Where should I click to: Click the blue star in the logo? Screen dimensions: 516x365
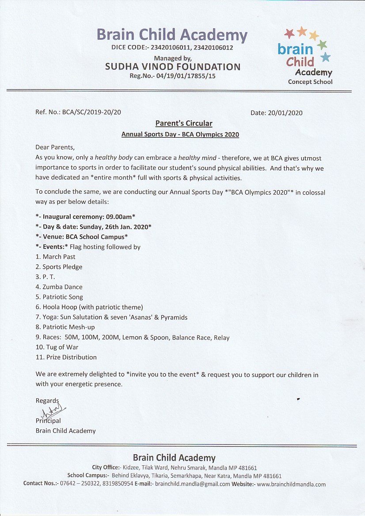coord(325,57)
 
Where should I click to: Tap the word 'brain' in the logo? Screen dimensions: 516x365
coord(295,49)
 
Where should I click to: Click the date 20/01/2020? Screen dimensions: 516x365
coord(285,113)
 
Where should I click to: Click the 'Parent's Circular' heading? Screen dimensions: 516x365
coord(183,123)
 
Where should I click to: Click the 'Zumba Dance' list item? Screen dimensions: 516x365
coord(62,287)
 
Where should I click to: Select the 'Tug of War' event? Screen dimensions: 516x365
coord(61,347)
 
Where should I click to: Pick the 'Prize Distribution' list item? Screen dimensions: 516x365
coord(69,357)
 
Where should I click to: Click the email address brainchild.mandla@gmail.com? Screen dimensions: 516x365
coord(192,484)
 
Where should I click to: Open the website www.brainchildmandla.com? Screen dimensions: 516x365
coord(291,484)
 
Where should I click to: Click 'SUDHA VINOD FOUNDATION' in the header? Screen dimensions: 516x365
coord(173,67)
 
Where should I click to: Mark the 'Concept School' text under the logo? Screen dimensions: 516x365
coord(310,82)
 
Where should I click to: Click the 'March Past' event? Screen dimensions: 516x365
coord(59,257)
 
